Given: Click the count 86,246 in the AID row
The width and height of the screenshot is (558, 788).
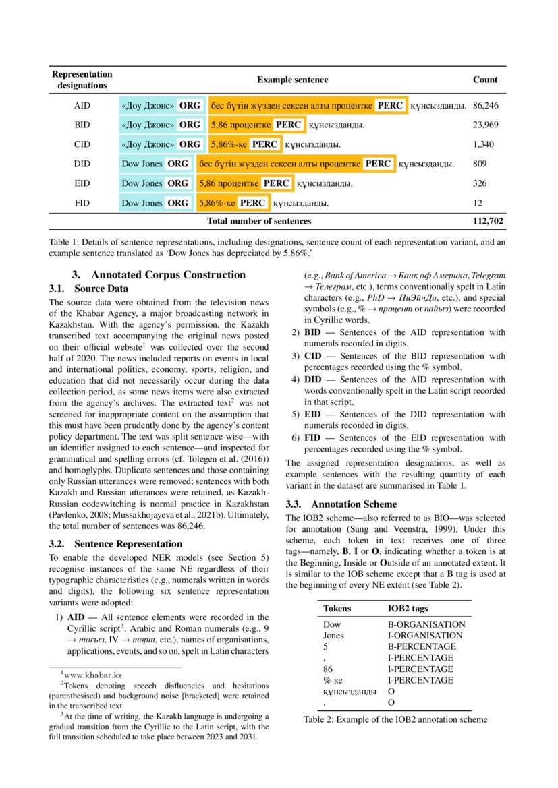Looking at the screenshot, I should point(486,106).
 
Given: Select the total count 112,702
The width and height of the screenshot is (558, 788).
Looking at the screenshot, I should point(488,221).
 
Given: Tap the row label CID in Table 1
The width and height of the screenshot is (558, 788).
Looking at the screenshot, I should point(82,144).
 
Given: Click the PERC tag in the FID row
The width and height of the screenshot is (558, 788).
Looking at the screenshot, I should point(252,203).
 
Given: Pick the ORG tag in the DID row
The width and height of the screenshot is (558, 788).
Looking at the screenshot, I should point(178,164).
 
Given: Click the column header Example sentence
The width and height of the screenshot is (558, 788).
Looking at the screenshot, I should point(292,80).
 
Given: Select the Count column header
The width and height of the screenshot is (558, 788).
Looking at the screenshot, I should point(485,80).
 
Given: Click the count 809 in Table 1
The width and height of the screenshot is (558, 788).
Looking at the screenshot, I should point(480,164).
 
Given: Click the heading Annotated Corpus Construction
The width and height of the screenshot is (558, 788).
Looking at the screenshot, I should point(168,275).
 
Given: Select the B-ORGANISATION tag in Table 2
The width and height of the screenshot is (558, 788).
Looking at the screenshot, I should point(426,624).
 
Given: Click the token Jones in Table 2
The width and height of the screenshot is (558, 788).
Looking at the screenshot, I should point(333,636).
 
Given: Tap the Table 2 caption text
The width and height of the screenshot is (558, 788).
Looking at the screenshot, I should point(395,719).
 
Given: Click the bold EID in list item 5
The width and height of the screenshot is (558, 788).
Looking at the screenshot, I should point(312,415).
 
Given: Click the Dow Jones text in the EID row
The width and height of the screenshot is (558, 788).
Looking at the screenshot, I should point(142,183).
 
